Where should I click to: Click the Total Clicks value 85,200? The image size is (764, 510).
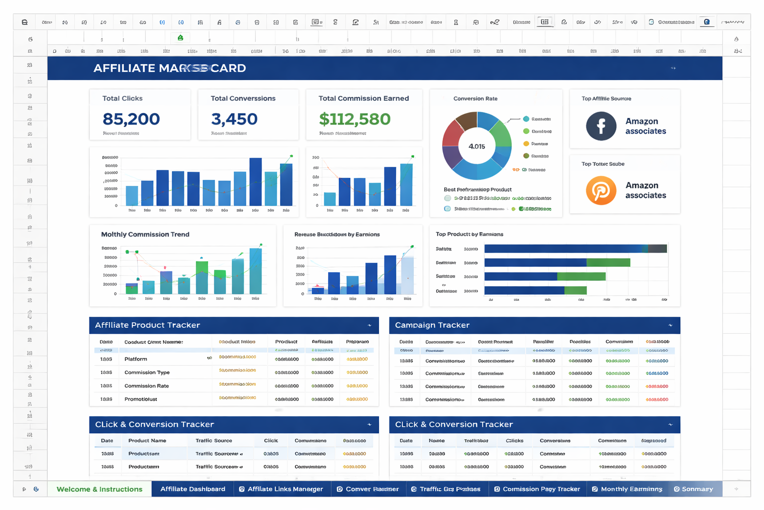(131, 119)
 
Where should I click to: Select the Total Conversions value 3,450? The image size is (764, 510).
(234, 119)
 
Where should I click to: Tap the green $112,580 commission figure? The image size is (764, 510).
(354, 119)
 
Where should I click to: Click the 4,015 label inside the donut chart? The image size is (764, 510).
(477, 146)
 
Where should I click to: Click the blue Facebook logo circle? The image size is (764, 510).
(601, 126)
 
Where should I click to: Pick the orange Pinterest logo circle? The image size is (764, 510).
(601, 190)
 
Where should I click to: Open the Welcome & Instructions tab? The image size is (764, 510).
(99, 489)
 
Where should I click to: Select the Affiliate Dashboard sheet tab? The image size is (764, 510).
(192, 489)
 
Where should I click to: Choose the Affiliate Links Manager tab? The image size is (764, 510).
(281, 489)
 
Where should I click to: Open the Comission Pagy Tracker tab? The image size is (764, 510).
(537, 489)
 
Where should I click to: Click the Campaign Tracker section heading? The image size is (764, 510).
(432, 325)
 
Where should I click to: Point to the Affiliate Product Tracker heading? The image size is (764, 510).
(147, 325)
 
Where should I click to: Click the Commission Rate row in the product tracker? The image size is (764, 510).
(146, 386)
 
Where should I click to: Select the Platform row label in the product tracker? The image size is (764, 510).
(135, 359)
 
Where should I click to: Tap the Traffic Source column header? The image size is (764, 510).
(214, 441)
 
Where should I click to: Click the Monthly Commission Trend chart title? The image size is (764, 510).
(145, 235)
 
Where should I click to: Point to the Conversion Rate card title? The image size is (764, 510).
(475, 99)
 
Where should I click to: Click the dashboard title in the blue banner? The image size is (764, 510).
(170, 68)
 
